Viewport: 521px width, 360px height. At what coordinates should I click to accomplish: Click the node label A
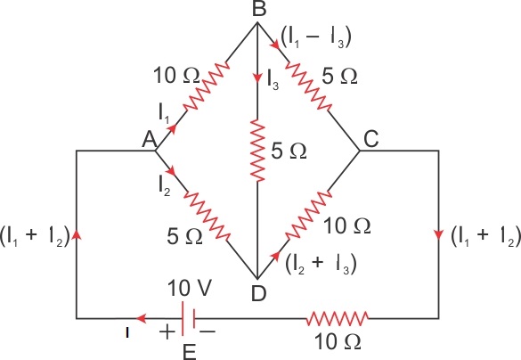[x=150, y=139]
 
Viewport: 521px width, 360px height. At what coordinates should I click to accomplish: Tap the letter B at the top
[x=259, y=8]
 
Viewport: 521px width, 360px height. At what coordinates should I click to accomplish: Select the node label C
[x=370, y=139]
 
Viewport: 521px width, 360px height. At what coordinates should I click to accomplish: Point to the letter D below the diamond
[x=258, y=293]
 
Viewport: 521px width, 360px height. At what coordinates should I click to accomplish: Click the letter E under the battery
[x=190, y=352]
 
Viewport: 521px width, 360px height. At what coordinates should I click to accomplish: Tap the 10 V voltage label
[x=190, y=288]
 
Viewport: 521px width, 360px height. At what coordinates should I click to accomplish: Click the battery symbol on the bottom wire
[x=188, y=318]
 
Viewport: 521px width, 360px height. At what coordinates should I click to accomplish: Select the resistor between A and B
[x=206, y=86]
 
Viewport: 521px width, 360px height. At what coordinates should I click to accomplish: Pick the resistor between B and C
[x=308, y=86]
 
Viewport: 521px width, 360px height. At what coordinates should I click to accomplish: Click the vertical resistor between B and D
[x=258, y=151]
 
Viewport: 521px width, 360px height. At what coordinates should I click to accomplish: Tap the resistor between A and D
[x=207, y=216]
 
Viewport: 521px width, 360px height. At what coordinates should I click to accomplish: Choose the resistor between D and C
[x=308, y=216]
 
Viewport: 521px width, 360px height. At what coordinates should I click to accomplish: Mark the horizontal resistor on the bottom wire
[x=338, y=318]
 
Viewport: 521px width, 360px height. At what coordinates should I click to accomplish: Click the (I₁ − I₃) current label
[x=316, y=37]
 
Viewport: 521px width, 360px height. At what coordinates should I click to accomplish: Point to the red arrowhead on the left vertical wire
[x=77, y=234]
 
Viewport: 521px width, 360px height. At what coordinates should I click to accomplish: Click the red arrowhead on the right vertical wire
[x=438, y=234]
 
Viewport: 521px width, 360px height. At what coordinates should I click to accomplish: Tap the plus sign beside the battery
[x=167, y=331]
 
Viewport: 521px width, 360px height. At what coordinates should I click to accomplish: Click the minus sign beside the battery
[x=208, y=331]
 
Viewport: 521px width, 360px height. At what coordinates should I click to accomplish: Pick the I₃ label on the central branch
[x=273, y=80]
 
